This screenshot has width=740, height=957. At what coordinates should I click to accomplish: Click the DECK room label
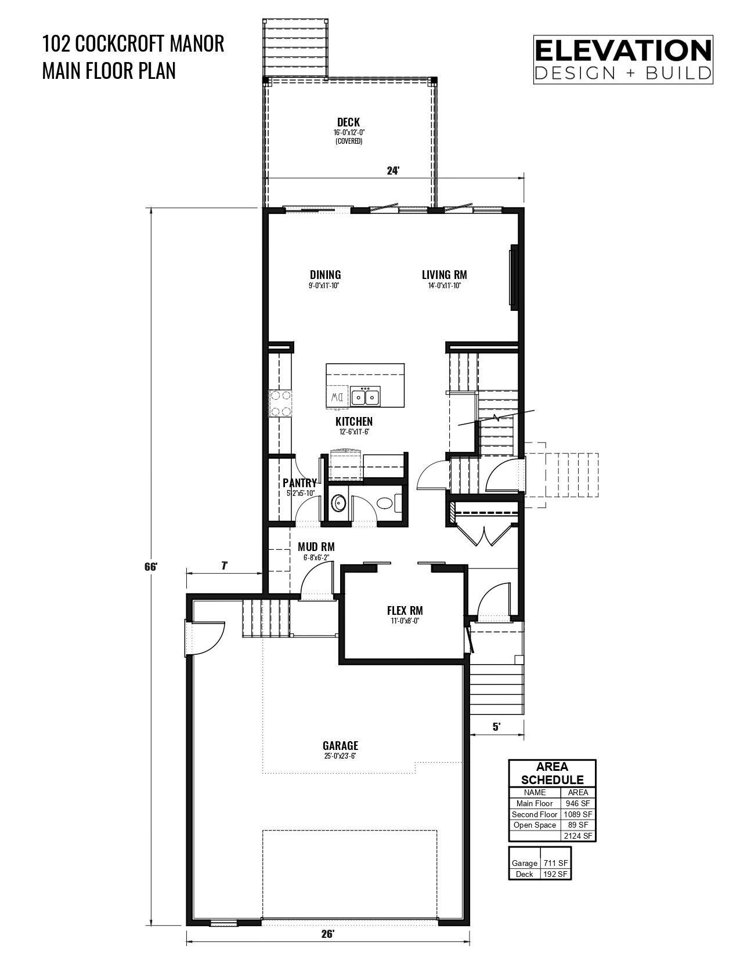tap(348, 122)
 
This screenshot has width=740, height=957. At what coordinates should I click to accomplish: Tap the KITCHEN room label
tap(354, 422)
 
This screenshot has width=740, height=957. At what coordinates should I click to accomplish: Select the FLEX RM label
tap(405, 611)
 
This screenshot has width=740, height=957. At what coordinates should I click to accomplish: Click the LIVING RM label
tap(444, 275)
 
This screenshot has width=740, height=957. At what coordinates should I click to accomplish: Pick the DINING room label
tap(325, 275)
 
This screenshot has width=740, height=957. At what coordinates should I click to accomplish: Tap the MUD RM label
tap(316, 547)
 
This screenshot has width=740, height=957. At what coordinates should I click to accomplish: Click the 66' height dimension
tap(151, 567)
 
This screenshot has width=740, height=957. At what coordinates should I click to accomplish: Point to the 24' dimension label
tap(393, 171)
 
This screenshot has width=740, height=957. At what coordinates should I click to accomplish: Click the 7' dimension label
tap(225, 566)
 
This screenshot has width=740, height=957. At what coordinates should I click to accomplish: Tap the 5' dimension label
tap(496, 727)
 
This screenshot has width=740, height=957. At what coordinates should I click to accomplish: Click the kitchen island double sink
tap(366, 396)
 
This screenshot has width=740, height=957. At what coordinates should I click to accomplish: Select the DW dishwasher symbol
tap(338, 397)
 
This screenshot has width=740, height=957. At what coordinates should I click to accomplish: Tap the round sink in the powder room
tap(338, 503)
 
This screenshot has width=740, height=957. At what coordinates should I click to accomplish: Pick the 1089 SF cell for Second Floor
tap(578, 814)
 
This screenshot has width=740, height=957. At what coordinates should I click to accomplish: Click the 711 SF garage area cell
tap(555, 863)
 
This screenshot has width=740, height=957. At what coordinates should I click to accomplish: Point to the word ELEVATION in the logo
tap(623, 50)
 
